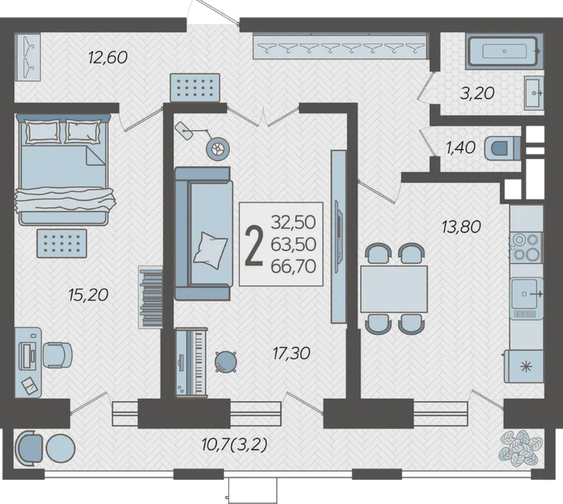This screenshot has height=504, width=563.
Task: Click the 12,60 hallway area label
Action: [x=108, y=58]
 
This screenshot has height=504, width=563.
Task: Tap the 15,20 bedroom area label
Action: [x=89, y=295]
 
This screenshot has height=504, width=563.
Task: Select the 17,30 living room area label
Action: [x=291, y=353]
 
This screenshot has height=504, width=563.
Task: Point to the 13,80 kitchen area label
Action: [x=461, y=227]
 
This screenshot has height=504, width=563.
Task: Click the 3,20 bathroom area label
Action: [x=478, y=93]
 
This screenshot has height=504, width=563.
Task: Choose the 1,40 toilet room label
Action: [x=461, y=147]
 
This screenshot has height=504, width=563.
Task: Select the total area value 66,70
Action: [x=293, y=267]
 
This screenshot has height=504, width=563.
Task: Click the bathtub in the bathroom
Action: [x=504, y=51]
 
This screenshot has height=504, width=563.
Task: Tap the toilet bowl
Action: [x=502, y=149]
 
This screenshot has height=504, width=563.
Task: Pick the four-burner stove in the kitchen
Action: [x=526, y=247]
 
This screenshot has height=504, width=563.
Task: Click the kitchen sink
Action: [x=527, y=294]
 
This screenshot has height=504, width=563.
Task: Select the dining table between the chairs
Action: [x=394, y=288]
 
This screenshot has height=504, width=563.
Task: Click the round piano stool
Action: [x=226, y=361]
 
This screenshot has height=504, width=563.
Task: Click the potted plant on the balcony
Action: [x=520, y=447]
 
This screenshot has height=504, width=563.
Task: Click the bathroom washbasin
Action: [x=534, y=93]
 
